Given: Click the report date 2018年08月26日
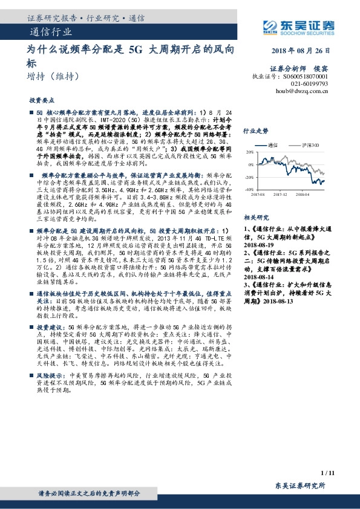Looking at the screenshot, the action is point(301,50).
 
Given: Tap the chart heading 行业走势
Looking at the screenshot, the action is point(255,131).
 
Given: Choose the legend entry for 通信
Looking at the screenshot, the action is point(275,146).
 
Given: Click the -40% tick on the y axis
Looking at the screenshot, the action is point(249,189).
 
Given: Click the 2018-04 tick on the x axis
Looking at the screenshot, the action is point(301,195).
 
